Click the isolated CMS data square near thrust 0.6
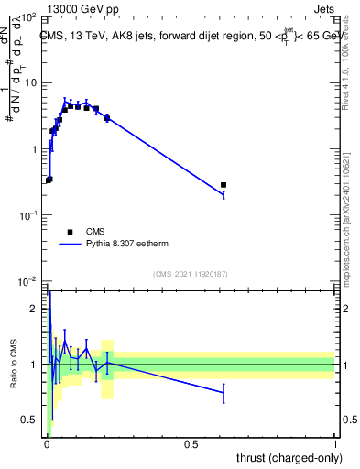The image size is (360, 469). pos(224,185)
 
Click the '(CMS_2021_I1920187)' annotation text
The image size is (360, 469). pos(191,274)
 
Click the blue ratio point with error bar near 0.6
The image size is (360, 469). pos(224,393)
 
